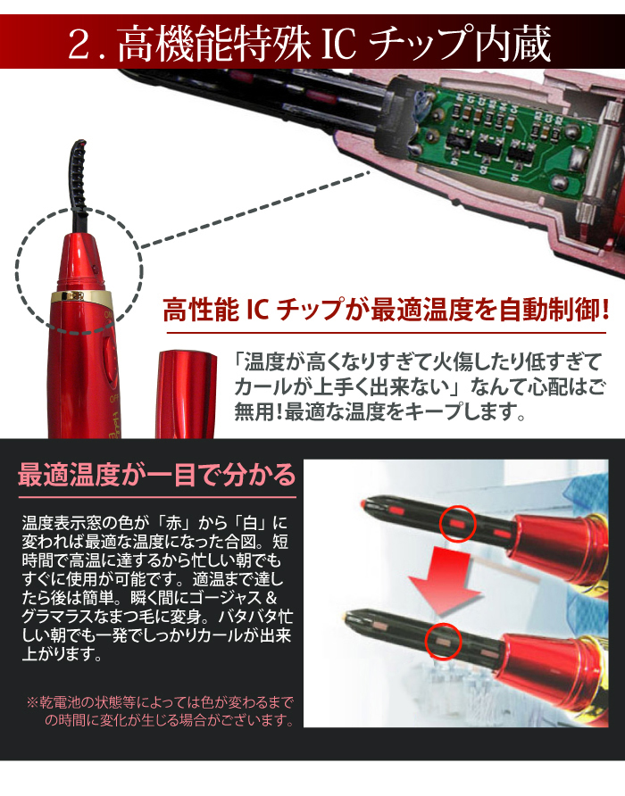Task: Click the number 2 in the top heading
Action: [x=79, y=44]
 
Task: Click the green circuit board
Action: [x=503, y=138]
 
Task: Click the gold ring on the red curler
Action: [x=80, y=296]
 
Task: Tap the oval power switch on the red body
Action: [x=109, y=358]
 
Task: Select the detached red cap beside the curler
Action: [x=186, y=394]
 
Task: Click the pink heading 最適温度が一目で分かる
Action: [x=156, y=475]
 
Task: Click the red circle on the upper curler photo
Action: [x=457, y=525]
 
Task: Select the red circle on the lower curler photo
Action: [x=443, y=641]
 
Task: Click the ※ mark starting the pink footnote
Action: [x=32, y=703]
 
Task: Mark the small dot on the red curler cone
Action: [x=94, y=267]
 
